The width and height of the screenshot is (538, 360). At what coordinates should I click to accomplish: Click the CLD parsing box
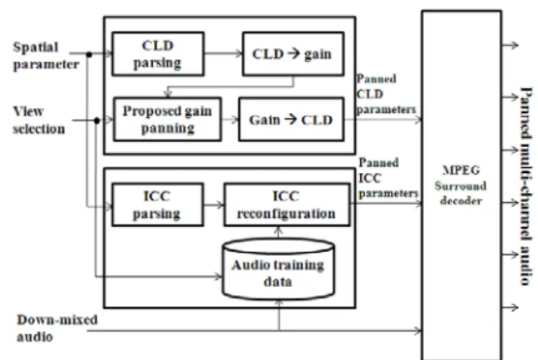[x=158, y=54]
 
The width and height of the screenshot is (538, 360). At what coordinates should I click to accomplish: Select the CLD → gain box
[x=293, y=54]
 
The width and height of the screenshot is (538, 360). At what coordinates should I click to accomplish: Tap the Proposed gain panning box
[x=167, y=120]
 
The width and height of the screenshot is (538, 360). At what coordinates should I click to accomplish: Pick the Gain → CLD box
[x=291, y=120]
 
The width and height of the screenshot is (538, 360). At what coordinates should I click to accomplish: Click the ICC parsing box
[x=158, y=205]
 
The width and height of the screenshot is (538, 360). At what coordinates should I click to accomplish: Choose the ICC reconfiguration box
[x=287, y=205]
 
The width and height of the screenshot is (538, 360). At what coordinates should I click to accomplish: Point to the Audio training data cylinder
[x=279, y=269]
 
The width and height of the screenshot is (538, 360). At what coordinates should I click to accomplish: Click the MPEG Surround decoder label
[x=461, y=185]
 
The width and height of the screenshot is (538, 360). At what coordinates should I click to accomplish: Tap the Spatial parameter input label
[x=46, y=56]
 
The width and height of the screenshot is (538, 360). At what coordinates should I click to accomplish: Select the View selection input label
[x=39, y=120]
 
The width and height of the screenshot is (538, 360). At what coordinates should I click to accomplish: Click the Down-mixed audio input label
[x=57, y=328]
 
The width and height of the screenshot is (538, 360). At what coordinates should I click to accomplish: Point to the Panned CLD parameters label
[x=386, y=94]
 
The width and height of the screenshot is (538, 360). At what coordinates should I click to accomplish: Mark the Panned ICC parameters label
[x=388, y=178]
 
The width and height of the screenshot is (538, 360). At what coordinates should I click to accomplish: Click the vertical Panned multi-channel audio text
[x=526, y=186]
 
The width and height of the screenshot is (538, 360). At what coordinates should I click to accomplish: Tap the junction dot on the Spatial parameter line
[x=89, y=54]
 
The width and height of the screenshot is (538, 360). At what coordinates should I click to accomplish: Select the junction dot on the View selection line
[x=96, y=121]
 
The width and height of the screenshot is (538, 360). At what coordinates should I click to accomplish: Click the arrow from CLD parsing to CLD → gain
[x=224, y=53]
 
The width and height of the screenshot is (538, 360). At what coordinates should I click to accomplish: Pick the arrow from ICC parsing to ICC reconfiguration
[x=214, y=205]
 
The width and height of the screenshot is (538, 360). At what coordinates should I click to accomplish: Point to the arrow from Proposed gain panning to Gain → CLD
[x=230, y=120]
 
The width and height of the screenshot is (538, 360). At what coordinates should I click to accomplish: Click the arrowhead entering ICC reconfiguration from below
[x=279, y=230]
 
